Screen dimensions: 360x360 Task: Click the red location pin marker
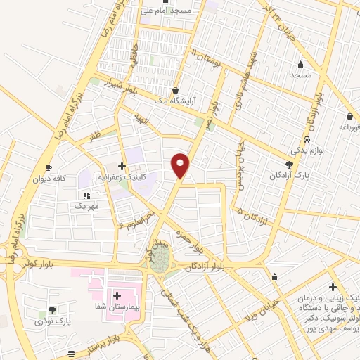[181, 165]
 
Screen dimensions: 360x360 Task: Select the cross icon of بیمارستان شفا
[117, 297]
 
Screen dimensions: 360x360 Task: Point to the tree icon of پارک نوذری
[52, 310]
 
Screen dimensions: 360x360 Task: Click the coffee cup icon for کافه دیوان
[49, 167]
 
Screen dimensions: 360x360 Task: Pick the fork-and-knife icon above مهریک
[87, 195]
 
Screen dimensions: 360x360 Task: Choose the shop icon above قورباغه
[349, 117]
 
